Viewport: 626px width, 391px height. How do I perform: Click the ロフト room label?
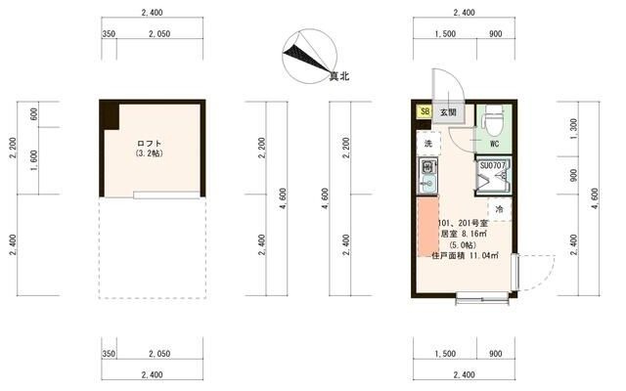(150, 144)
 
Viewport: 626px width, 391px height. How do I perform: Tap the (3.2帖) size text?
(150, 154)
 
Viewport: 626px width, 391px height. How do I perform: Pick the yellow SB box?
(425, 111)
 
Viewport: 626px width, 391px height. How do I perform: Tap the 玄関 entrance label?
(448, 111)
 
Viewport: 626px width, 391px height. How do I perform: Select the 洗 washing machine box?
(427, 144)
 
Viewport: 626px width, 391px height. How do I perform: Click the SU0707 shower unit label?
(493, 165)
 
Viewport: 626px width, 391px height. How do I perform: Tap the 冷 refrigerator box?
(499, 209)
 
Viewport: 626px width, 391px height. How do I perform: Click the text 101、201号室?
(464, 224)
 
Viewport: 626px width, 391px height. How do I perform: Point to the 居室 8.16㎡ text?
(465, 235)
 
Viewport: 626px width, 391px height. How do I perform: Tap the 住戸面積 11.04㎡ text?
(465, 256)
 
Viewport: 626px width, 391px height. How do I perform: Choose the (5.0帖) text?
(464, 245)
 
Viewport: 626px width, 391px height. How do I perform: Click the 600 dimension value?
(34, 113)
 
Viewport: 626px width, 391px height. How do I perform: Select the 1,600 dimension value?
(34, 161)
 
